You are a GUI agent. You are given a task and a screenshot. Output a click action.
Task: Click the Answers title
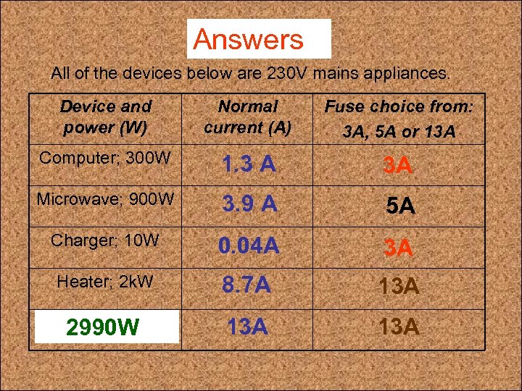pyautogui.click(x=249, y=39)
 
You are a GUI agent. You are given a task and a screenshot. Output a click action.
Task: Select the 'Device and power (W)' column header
pyautogui.click(x=105, y=117)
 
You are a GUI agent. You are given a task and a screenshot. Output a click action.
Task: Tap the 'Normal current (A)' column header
pyautogui.click(x=247, y=117)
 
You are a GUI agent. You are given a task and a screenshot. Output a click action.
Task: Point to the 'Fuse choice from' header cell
pyautogui.click(x=399, y=119)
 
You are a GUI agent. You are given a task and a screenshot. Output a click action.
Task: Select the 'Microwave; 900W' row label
pyautogui.click(x=105, y=198)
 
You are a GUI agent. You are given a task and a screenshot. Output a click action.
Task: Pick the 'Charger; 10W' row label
pyautogui.click(x=105, y=240)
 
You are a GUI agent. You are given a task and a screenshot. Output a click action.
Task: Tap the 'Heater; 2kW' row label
pyautogui.click(x=106, y=282)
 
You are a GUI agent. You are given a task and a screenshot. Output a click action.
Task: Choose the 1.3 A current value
pyautogui.click(x=249, y=165)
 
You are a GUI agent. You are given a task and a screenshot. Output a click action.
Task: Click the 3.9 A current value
pyautogui.click(x=249, y=206)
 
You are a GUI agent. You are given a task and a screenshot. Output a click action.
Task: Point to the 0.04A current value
pyautogui.click(x=249, y=247)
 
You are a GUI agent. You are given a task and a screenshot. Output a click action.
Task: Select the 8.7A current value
pyautogui.click(x=246, y=287)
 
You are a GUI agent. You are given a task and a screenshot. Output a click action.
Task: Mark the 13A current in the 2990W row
pyautogui.click(x=246, y=327)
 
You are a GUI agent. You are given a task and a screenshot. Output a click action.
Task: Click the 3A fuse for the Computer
pyautogui.click(x=398, y=166)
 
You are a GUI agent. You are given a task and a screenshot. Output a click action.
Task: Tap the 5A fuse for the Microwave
pyautogui.click(x=399, y=207)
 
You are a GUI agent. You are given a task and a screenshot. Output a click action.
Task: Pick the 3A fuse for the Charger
pyautogui.click(x=398, y=248)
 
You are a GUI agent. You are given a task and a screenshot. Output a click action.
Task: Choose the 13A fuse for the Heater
pyautogui.click(x=399, y=287)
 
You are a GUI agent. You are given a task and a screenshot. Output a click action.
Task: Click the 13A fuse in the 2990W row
pyautogui.click(x=399, y=327)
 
